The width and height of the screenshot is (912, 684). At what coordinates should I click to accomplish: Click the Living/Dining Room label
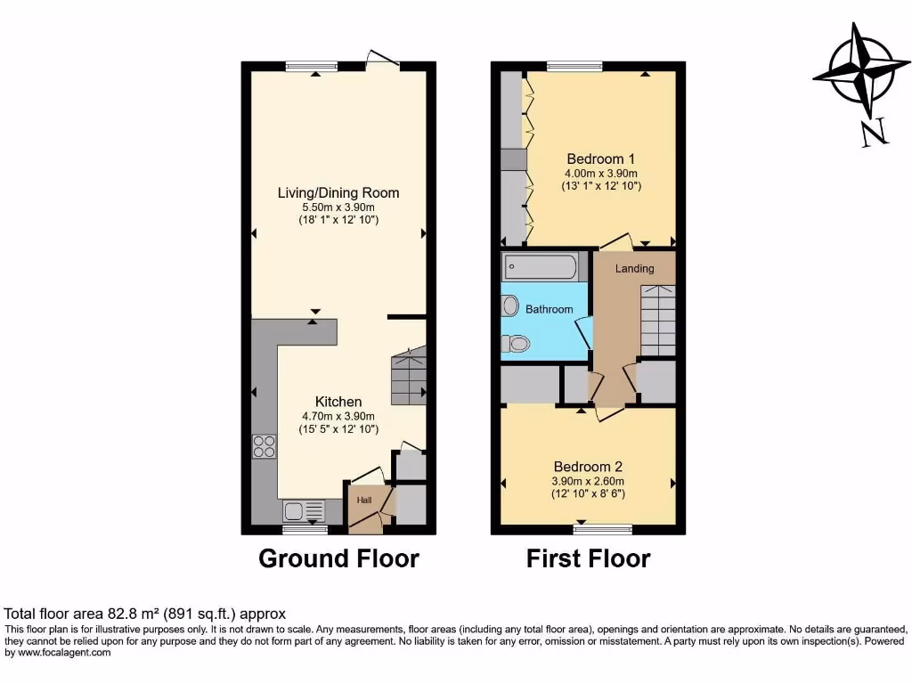click(x=338, y=192)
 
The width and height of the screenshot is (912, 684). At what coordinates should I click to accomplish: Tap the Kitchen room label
click(x=338, y=403)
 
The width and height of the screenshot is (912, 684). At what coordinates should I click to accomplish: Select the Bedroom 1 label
click(x=601, y=159)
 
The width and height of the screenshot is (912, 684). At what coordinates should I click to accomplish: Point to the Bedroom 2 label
click(x=588, y=467)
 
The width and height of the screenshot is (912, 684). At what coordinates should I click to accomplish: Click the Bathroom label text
click(x=549, y=309)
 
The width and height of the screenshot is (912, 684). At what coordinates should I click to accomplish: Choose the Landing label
click(x=634, y=268)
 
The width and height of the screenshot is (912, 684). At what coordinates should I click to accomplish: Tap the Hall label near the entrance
click(x=364, y=500)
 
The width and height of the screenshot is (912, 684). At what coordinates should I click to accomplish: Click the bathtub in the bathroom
click(x=540, y=266)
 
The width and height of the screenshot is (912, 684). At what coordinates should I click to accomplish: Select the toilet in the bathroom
click(x=516, y=343)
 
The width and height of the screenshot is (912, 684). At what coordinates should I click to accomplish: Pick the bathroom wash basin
click(x=510, y=305)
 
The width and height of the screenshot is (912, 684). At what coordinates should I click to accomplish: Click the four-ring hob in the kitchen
click(x=265, y=445)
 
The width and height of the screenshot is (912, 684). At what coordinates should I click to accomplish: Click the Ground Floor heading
click(x=338, y=558)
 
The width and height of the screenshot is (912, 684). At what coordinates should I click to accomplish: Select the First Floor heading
click(x=588, y=558)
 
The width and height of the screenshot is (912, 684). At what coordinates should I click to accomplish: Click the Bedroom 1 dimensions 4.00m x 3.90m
click(x=601, y=173)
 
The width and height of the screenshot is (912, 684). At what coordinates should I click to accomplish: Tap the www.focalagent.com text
click(x=58, y=653)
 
